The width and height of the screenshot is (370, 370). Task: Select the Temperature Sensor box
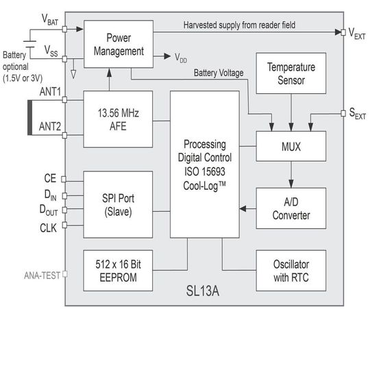tap(291, 74)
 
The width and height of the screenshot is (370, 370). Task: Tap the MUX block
tap(291, 146)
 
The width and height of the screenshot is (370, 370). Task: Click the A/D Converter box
tap(291, 208)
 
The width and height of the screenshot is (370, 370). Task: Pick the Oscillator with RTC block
tap(291, 269)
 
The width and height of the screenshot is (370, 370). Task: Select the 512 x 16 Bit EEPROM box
tap(117, 269)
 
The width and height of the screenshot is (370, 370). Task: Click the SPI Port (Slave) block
tap(117, 204)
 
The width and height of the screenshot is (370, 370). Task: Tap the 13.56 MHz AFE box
tap(117, 119)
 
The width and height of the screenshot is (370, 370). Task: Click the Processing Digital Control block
tap(205, 164)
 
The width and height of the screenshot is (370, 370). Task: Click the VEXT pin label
tap(356, 32)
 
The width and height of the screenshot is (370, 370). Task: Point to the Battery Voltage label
tap(218, 72)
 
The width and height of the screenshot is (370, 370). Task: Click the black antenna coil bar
tap(30, 118)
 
